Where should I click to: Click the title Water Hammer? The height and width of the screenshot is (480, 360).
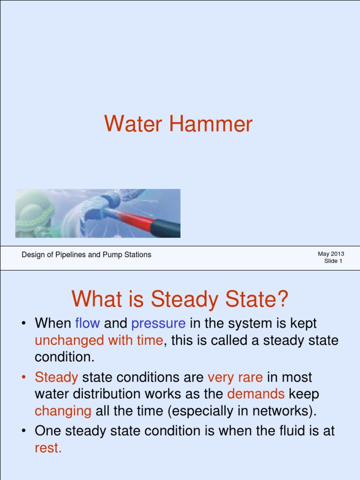(178, 124)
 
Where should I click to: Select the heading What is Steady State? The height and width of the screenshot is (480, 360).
(180, 299)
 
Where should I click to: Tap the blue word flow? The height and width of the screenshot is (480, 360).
(88, 323)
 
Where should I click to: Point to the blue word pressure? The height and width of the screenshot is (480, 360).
(158, 323)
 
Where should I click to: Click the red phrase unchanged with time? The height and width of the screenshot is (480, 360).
(99, 340)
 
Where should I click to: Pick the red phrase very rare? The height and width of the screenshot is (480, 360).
(235, 377)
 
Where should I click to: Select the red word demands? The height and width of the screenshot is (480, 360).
(255, 394)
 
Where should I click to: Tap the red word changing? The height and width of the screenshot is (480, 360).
(63, 411)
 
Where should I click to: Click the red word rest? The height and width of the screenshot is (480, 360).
(48, 448)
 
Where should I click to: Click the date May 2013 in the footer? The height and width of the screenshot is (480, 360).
(331, 254)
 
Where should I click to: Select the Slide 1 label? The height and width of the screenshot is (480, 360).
(333, 261)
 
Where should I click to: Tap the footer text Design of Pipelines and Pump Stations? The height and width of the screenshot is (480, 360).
(87, 255)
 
